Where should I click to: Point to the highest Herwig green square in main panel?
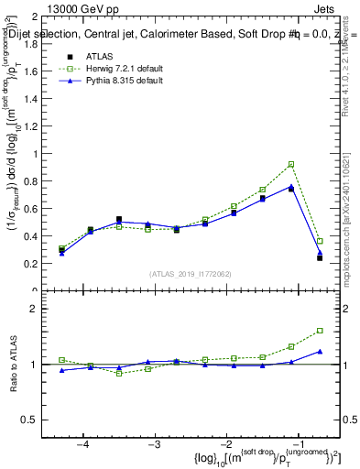click(291, 164)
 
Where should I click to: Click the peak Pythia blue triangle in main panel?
click(291, 187)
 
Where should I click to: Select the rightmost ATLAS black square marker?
click(320, 258)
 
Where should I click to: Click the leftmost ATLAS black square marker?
click(61, 248)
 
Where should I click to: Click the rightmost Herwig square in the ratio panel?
click(320, 331)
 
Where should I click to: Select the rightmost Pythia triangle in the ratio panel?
click(320, 351)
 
